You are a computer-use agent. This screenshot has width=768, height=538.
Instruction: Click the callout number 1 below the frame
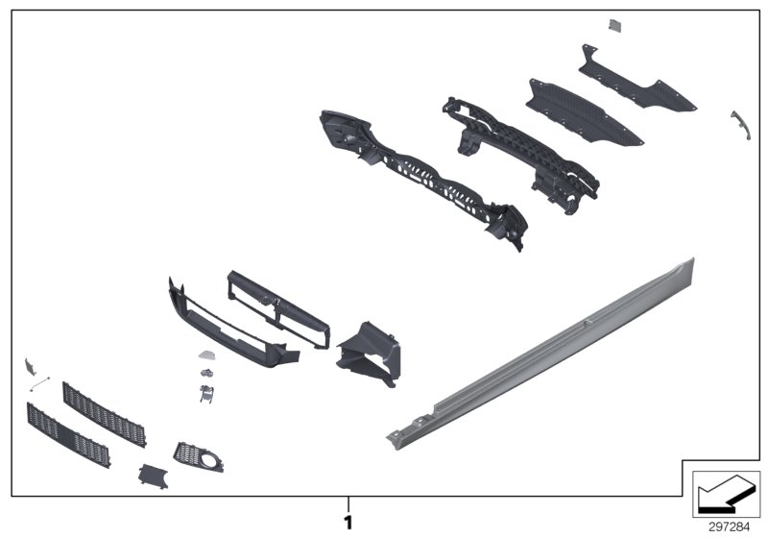348,523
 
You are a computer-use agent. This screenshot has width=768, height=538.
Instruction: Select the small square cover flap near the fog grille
152,476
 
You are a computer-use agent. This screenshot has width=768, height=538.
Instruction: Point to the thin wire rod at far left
38,384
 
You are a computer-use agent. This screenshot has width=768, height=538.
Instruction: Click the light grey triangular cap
206,355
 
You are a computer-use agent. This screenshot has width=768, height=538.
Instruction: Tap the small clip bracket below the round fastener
204,393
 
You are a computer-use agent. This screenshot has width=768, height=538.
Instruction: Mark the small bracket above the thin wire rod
30,364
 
